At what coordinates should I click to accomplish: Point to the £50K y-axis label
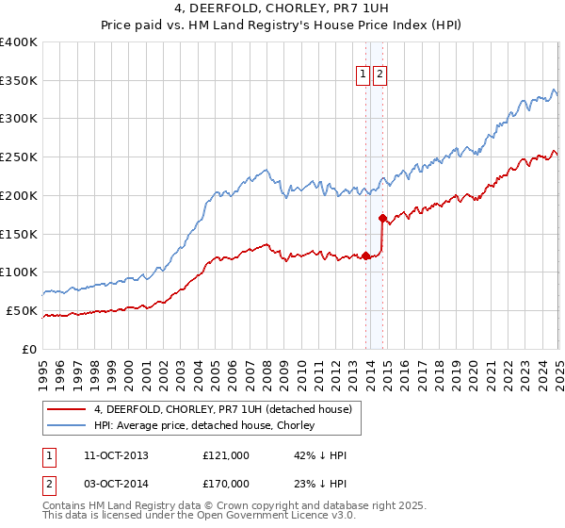tap(23, 310)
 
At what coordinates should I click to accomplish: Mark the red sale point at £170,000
tap(382, 218)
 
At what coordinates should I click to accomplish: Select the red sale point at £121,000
tap(365, 256)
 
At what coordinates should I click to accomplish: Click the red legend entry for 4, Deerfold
tap(223, 409)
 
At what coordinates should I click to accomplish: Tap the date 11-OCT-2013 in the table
tap(116, 455)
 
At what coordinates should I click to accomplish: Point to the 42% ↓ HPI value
tap(320, 455)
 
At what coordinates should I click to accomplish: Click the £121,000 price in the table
tap(226, 455)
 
